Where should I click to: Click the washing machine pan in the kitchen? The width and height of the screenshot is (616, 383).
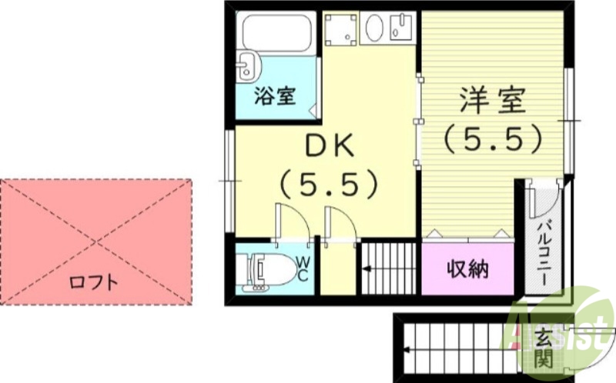coord(340,28)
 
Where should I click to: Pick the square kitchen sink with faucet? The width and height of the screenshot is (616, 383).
coord(402,28)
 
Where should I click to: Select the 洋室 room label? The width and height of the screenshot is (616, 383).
coord(493,101)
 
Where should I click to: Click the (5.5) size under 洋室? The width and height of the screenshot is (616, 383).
coord(493,138)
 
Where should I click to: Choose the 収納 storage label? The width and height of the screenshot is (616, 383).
coord(467,269)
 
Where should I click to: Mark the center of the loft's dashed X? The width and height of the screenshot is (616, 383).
coord(96,241)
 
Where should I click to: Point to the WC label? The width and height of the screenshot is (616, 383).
coord(303,268)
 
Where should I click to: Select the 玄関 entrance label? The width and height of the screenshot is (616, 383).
coord(543,347)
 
